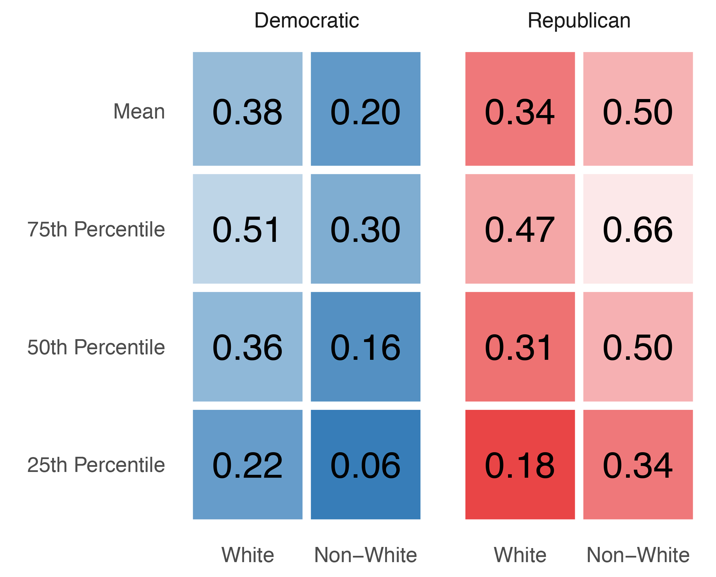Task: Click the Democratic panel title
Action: (306, 21)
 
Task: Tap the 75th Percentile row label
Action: (96, 229)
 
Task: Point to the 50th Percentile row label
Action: (96, 347)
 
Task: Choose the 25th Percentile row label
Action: (96, 465)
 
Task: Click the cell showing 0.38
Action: (247, 109)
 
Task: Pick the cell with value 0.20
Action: (365, 109)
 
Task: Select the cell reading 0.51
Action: (247, 229)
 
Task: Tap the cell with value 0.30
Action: (365, 229)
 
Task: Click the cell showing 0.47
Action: (520, 229)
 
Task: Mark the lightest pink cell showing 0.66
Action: (638, 229)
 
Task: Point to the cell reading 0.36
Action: (247, 347)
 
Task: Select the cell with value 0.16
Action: (365, 347)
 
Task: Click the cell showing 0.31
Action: (520, 347)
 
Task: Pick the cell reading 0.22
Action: (247, 465)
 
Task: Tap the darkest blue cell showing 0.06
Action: (365, 465)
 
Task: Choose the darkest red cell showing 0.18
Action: (520, 465)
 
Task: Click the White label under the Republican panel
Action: (520, 555)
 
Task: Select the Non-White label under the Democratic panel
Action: (365, 555)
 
